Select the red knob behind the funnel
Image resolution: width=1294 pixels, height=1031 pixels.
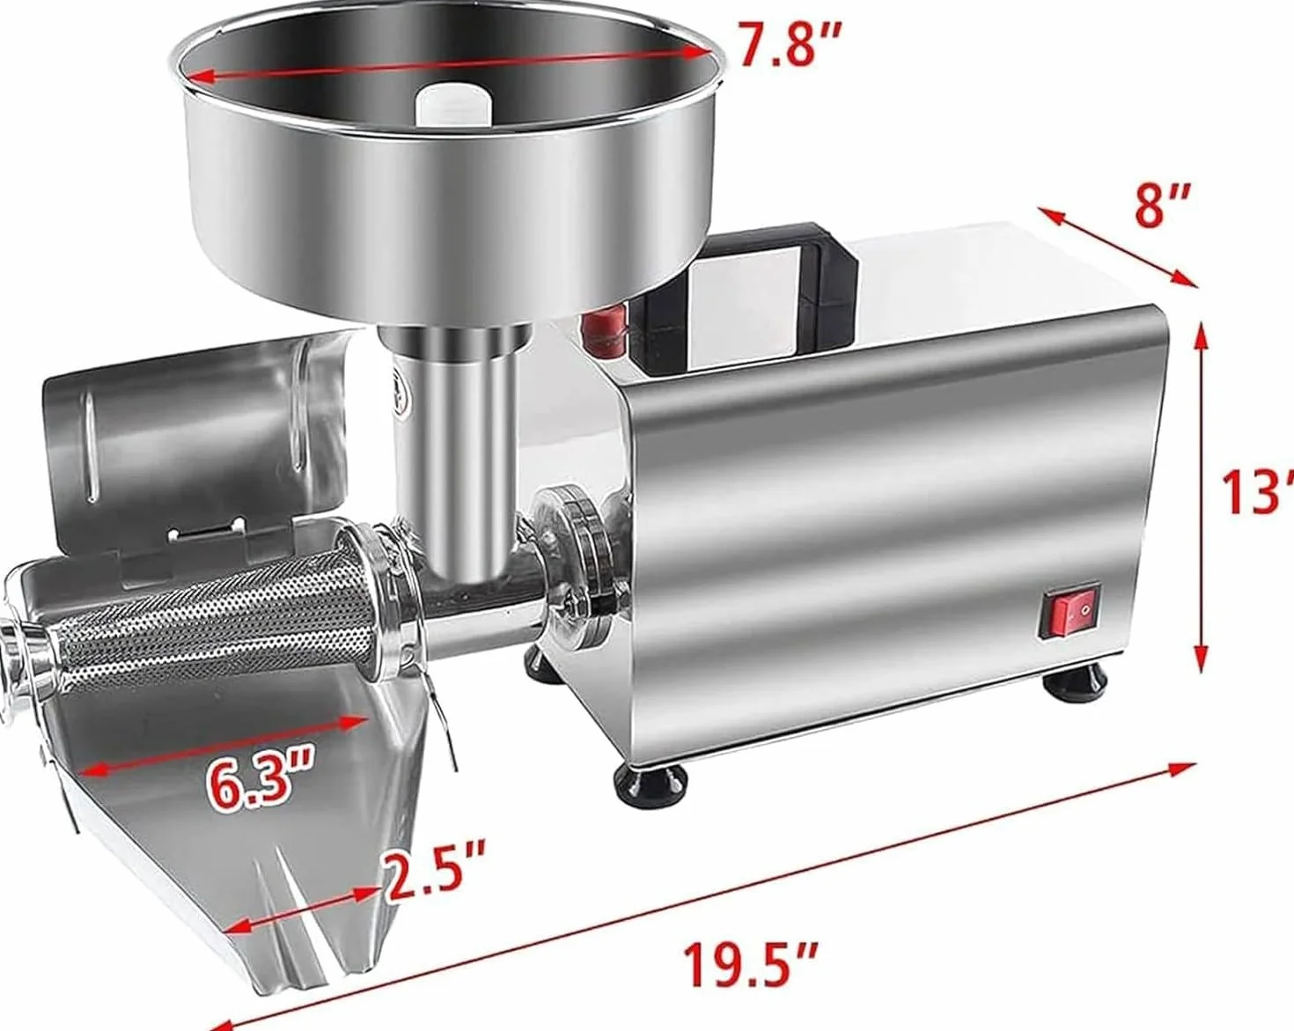pos(604,331)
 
